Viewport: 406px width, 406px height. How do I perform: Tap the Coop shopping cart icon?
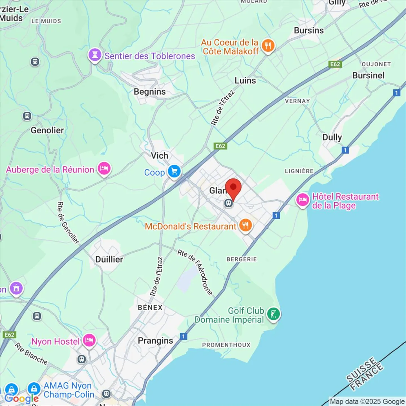(x=174, y=171)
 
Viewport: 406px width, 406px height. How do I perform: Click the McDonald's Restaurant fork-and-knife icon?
(x=246, y=225)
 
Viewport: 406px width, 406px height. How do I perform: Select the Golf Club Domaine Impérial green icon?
(x=273, y=314)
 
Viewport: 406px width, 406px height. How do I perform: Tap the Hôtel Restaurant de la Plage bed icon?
(x=303, y=200)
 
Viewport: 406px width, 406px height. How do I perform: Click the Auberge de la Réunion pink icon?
(x=104, y=169)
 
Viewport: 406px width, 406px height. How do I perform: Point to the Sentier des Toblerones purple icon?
(x=95, y=55)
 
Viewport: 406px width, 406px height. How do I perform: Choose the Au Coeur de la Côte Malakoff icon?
(x=268, y=45)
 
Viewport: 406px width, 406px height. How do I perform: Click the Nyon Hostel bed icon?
(x=89, y=340)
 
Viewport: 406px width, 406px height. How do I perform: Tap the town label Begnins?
(x=150, y=92)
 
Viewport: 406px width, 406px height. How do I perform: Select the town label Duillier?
(x=109, y=259)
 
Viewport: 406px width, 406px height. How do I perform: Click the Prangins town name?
(x=155, y=341)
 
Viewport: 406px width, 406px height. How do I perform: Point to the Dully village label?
(x=332, y=137)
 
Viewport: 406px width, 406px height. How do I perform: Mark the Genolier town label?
(x=47, y=130)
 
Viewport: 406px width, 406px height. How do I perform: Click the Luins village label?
(x=245, y=81)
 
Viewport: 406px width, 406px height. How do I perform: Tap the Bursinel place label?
(x=368, y=76)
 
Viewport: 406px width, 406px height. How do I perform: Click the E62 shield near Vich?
(x=220, y=146)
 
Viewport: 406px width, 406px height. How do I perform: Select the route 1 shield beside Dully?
(x=345, y=150)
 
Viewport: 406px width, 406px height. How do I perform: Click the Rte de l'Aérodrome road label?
(x=195, y=272)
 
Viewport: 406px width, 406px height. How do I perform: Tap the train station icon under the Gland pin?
(x=229, y=203)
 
